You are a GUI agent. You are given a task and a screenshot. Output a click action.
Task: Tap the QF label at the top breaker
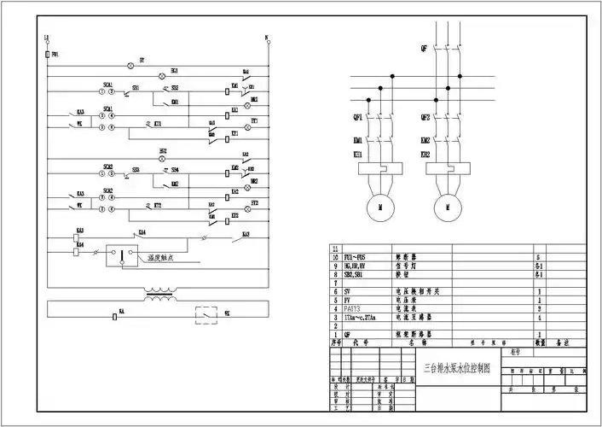coord(424,49)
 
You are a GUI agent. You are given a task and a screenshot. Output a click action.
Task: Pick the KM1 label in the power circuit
coord(357,140)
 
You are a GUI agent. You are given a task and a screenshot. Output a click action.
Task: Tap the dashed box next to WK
coord(206,313)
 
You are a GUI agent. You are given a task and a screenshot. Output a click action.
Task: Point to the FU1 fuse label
coord(55,54)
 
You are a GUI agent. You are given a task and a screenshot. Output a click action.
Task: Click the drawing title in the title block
coord(458,371)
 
